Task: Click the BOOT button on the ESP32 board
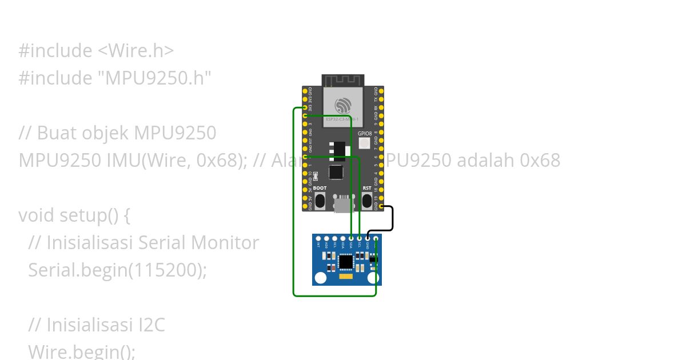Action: [320, 200]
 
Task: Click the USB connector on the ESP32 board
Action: [343, 204]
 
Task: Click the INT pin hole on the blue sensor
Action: [318, 238]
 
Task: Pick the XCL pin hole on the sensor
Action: [334, 238]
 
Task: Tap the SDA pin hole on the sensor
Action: [351, 238]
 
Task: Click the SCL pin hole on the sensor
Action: [359, 238]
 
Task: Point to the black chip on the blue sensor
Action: [346, 262]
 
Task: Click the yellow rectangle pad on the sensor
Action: [346, 277]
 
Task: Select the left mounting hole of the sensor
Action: [321, 278]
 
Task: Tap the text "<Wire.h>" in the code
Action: [135, 50]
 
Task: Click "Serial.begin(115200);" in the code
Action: [117, 270]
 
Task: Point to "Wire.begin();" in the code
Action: [82, 351]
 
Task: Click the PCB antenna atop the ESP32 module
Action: [343, 80]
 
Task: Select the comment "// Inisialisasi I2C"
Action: [97, 325]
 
